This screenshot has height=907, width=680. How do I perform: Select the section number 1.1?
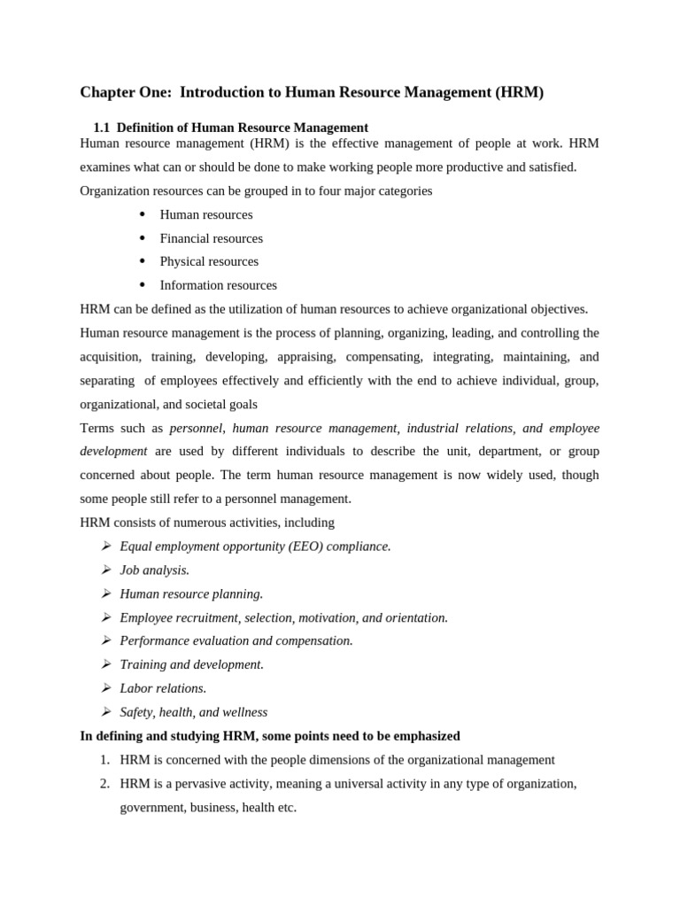(x=102, y=128)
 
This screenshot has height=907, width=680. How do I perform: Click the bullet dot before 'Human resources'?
(x=142, y=214)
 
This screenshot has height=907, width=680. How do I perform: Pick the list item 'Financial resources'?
(x=211, y=238)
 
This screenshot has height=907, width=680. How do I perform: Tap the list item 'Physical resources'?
(x=209, y=261)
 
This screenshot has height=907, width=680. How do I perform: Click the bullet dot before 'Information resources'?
(x=142, y=285)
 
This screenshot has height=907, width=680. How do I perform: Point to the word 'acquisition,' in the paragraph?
(x=110, y=356)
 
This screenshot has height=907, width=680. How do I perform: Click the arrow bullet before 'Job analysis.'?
(x=106, y=570)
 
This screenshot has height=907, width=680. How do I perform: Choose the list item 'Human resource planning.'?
(x=191, y=593)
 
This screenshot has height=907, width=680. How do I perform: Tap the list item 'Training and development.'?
(x=191, y=664)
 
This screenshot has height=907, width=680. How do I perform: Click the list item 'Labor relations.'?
(x=163, y=688)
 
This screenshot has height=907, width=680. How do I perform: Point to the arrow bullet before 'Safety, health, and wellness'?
(x=106, y=711)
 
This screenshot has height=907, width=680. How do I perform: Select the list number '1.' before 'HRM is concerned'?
(x=104, y=760)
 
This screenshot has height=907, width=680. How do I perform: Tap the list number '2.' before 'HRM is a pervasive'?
(x=104, y=784)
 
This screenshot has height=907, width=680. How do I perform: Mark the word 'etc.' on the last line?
(x=285, y=808)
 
